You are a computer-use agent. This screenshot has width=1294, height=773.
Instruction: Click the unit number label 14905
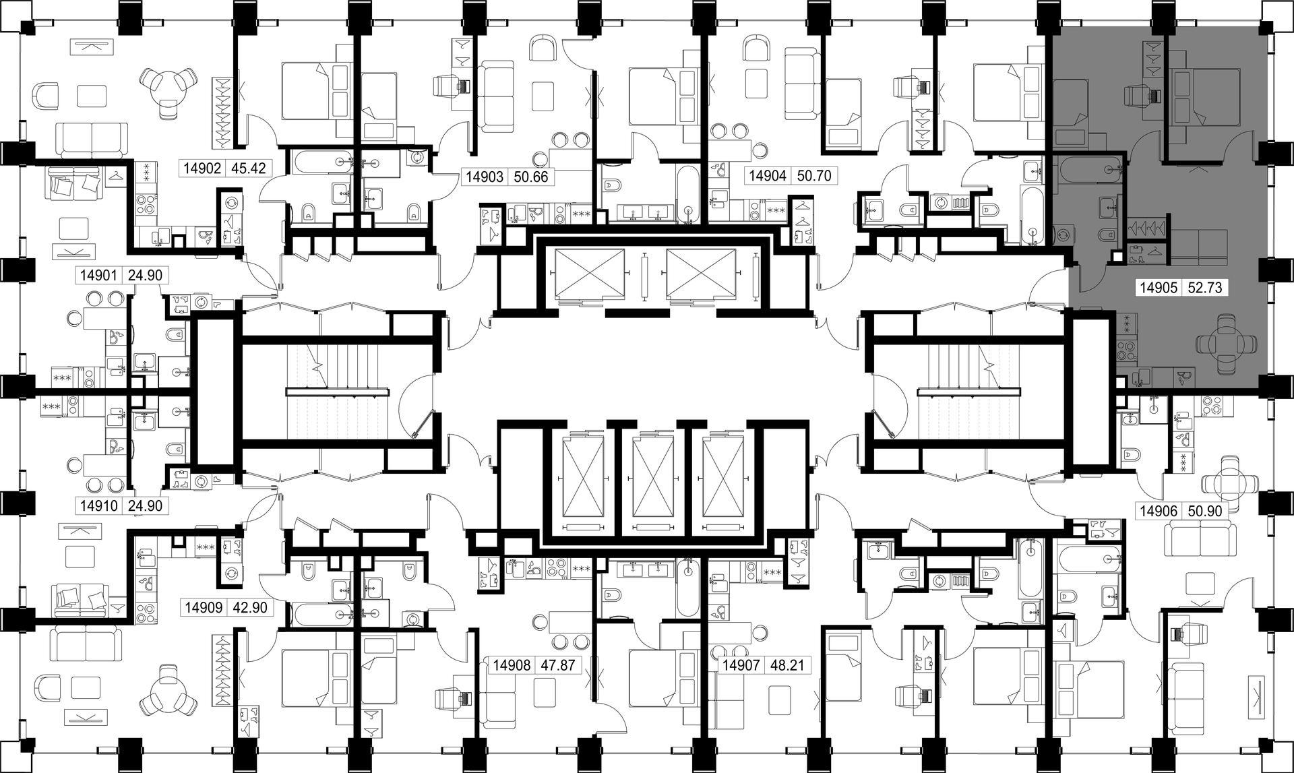[x=1159, y=288]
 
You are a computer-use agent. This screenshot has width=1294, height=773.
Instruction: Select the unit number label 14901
[x=99, y=275]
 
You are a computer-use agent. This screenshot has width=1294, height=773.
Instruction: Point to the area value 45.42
[x=248, y=168]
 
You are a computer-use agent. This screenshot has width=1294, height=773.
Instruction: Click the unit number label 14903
[x=485, y=177]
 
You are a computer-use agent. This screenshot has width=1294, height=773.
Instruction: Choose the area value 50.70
[x=814, y=177]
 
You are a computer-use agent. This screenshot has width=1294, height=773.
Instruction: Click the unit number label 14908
[x=513, y=666]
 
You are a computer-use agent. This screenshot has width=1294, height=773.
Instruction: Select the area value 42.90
[x=249, y=608]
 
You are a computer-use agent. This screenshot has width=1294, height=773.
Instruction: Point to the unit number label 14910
[x=99, y=505]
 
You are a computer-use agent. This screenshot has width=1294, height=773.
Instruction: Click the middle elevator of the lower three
[x=652, y=480]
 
